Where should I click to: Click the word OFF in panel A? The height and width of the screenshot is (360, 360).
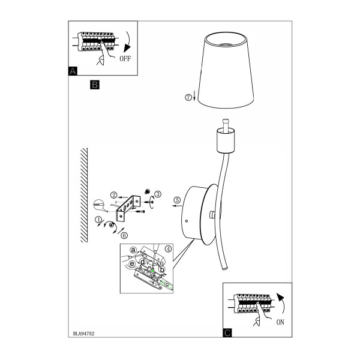[x=125, y=59]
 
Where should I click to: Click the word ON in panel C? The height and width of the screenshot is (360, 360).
[x=280, y=322]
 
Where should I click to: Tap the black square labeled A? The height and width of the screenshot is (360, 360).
[x=73, y=71]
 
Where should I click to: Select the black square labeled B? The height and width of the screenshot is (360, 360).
[x=95, y=85]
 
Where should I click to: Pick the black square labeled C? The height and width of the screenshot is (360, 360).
[x=227, y=332]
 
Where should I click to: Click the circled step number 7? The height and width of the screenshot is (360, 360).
[x=188, y=97]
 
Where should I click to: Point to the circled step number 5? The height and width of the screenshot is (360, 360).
[x=177, y=200]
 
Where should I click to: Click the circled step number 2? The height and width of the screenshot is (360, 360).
[x=113, y=195]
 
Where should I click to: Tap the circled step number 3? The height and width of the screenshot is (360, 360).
[x=158, y=194]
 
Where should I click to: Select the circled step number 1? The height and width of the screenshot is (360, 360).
[x=98, y=220]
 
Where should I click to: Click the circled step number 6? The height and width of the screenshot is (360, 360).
[x=124, y=235]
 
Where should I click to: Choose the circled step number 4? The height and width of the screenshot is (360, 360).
[x=168, y=249]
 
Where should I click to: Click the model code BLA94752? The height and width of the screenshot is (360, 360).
[x=83, y=334]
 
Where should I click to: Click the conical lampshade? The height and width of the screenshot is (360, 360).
[x=226, y=70]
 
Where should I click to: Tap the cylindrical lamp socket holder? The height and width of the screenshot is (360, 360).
[x=226, y=140]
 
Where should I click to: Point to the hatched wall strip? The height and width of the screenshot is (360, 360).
[x=84, y=195]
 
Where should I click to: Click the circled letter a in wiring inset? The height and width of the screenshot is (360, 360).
[x=133, y=250]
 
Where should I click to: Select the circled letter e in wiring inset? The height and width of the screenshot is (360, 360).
[x=132, y=264]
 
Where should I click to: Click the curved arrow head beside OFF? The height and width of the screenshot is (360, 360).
[x=127, y=48]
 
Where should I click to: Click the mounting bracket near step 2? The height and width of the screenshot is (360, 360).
[x=128, y=208]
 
